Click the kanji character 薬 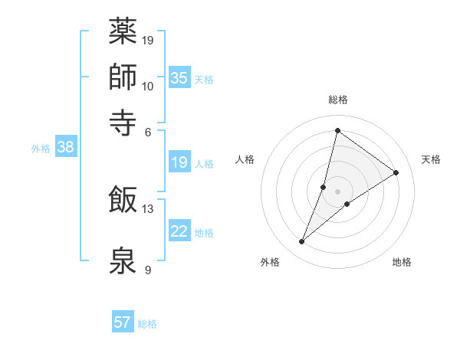[123, 32]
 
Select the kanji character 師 [123, 78]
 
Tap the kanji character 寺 [123, 121]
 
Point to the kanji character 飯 [123, 200]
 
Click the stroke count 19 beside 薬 [148, 40]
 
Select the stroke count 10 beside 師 [148, 86]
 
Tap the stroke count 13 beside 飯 [148, 208]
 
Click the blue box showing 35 [179, 77]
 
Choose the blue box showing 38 [65, 147]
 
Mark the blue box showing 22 [179, 231]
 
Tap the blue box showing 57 [123, 322]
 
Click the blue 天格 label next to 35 [204, 79]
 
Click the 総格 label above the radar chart [337, 100]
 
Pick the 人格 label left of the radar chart [245, 159]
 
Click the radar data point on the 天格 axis [396, 172]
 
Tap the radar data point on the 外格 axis [302, 242]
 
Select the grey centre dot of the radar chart [337, 191]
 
